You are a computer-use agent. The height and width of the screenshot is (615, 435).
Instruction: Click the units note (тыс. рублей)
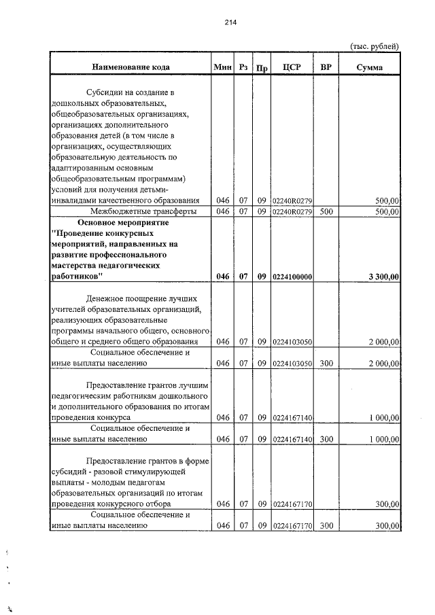click(374, 46)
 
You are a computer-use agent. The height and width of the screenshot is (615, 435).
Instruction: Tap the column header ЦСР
click(291, 67)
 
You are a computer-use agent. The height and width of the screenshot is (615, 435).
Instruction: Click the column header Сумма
click(369, 67)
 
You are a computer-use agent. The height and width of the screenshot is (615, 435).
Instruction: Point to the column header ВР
click(326, 67)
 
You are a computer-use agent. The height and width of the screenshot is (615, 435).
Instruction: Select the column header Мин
click(222, 67)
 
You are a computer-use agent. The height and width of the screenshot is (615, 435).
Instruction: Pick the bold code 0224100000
click(292, 277)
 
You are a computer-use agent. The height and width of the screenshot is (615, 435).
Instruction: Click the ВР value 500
click(326, 211)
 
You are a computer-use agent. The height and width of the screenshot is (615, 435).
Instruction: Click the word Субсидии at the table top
click(104, 92)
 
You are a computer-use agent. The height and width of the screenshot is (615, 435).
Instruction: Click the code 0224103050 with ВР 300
click(292, 364)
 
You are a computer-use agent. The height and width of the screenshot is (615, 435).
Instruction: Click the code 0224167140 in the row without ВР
click(292, 417)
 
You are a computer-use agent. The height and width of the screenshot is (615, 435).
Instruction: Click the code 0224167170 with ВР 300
click(292, 526)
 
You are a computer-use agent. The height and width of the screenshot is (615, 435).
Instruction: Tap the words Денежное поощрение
click(120, 298)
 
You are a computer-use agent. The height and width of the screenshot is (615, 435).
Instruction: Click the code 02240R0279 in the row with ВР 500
click(292, 211)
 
